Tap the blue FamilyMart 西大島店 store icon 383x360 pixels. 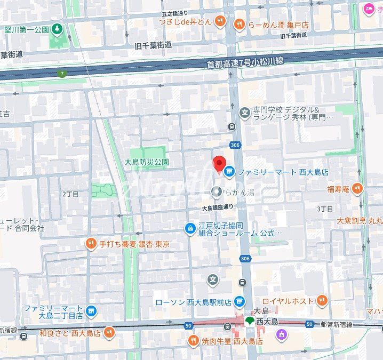(229, 172)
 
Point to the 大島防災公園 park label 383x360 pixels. (146, 162)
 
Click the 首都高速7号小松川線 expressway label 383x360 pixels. (245, 63)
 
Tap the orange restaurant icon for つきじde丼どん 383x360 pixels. (221, 21)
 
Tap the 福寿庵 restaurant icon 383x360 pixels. (357, 188)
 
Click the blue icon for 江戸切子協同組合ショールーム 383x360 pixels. (189, 229)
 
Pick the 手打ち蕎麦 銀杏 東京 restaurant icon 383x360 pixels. (91, 244)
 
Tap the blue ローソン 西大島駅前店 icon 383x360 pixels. (239, 301)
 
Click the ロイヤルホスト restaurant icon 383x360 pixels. (321, 301)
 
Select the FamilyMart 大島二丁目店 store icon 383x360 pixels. (91, 311)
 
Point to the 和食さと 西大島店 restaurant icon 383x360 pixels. (109, 333)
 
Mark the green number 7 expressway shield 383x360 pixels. (62, 74)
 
